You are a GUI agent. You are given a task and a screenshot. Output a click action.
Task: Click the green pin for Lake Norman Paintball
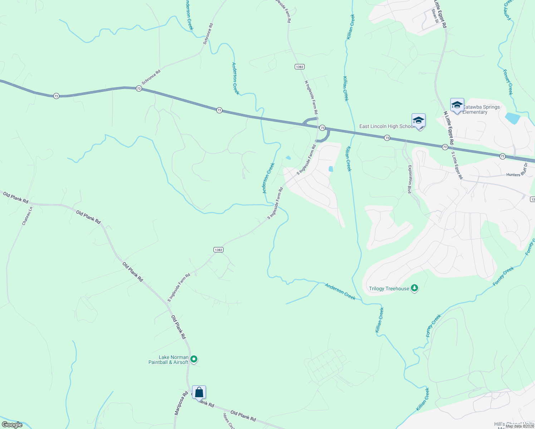[x=193, y=359]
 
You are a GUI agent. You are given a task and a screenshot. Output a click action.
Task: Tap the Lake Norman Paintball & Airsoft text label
[x=168, y=360]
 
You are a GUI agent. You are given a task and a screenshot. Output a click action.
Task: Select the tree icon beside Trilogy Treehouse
[x=414, y=288]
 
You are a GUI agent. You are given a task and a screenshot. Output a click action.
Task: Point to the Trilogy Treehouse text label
[x=389, y=289]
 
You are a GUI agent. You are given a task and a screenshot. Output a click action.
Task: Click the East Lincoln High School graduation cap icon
[x=418, y=121]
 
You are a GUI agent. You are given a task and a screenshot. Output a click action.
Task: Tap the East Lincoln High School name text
[x=387, y=126]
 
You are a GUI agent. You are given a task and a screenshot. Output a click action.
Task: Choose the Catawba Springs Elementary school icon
[x=457, y=105]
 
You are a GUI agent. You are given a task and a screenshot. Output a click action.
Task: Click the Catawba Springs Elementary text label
[x=481, y=109]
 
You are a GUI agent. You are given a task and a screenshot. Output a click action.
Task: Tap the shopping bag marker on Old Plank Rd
[x=199, y=393]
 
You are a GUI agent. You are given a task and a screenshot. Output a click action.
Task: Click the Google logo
[x=12, y=425]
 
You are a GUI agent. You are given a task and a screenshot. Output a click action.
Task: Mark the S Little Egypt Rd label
[x=457, y=165]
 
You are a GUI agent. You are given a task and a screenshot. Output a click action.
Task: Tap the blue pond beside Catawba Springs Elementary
[x=512, y=118]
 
